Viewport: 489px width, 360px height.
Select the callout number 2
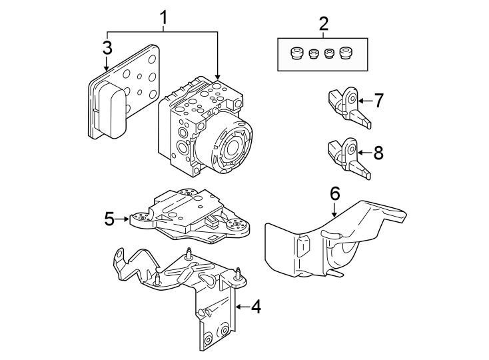point(323,24)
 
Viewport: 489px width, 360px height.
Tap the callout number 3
point(107,48)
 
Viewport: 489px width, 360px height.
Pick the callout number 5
point(111,218)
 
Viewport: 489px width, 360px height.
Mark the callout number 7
point(378,101)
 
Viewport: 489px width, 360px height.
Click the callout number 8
point(378,153)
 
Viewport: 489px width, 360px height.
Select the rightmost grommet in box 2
point(346,53)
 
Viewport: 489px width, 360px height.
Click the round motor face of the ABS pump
point(233,149)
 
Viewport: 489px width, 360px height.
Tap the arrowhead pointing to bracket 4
point(236,307)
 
